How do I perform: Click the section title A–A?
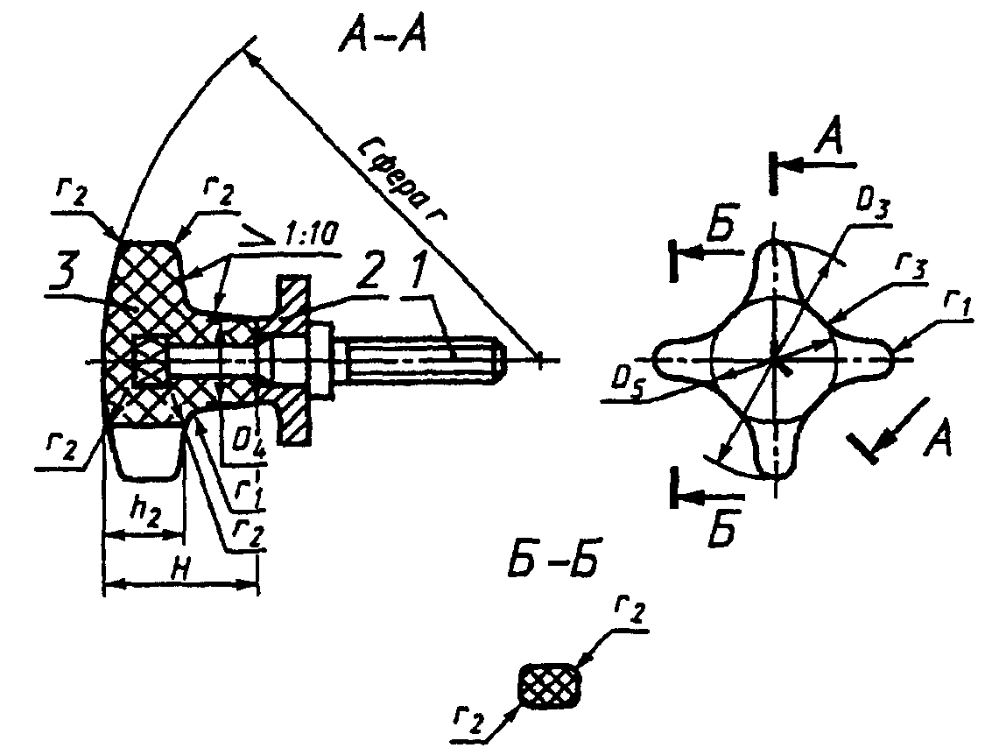pyautogui.click(x=381, y=39)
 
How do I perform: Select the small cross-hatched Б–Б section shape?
pyautogui.click(x=550, y=685)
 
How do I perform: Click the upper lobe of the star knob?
pyautogui.click(x=775, y=263)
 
